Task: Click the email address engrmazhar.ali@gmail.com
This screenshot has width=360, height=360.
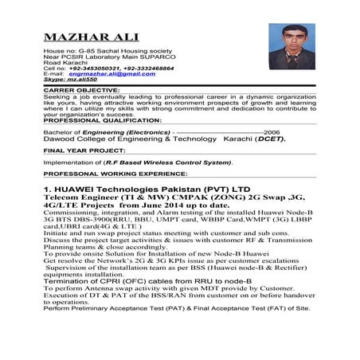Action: click(x=111, y=73)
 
